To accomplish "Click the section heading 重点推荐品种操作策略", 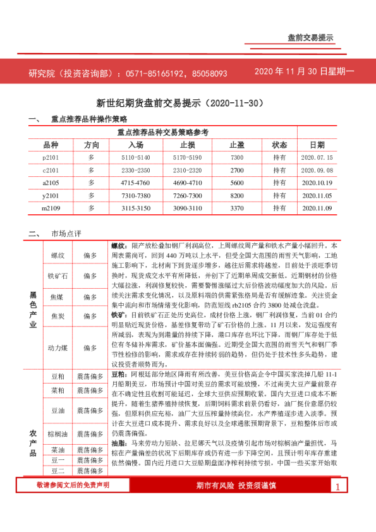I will coord(89,119).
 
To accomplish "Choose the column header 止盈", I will coord(237,145).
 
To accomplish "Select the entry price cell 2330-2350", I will coord(136,171).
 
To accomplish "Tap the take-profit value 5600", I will coord(237,183).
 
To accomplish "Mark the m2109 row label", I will coord(51,208).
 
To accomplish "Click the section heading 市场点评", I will coord(66,234).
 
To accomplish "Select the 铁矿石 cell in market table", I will coord(58,276).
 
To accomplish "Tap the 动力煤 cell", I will coord(58,348).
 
